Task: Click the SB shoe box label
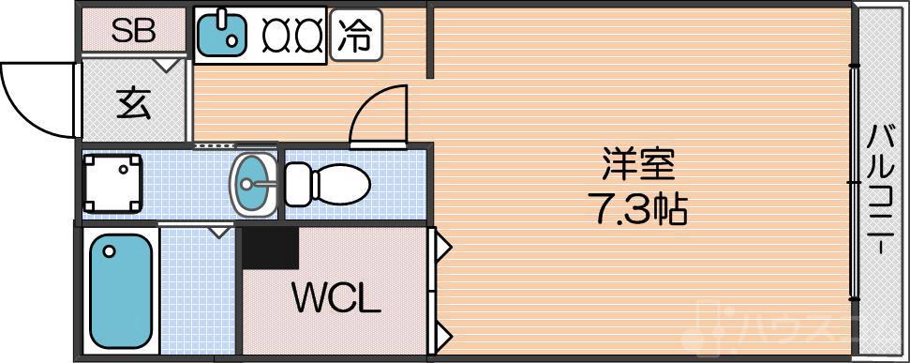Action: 134,31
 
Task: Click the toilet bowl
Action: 327,184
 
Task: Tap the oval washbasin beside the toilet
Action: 253,184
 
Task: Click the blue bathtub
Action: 119,290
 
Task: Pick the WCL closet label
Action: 336,300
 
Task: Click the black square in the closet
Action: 271,248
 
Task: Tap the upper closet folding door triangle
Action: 441,249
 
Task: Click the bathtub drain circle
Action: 110,251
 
